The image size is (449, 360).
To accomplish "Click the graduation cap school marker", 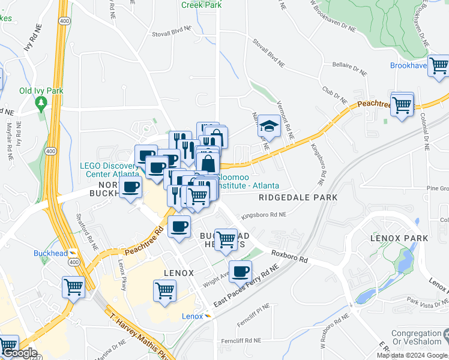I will pos(270,127).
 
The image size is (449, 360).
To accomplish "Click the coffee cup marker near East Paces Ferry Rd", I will pos(240,271).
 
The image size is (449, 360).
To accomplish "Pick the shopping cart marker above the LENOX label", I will pos(165,290).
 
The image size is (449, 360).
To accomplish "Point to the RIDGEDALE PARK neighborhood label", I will pos(298,197).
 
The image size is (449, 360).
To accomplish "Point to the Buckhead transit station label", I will pos(50,253).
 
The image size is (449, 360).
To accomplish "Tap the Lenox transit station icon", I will pos(208,316).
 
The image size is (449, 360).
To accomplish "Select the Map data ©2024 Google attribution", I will pos(412,355).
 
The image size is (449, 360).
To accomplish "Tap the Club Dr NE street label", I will pos(335,95).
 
